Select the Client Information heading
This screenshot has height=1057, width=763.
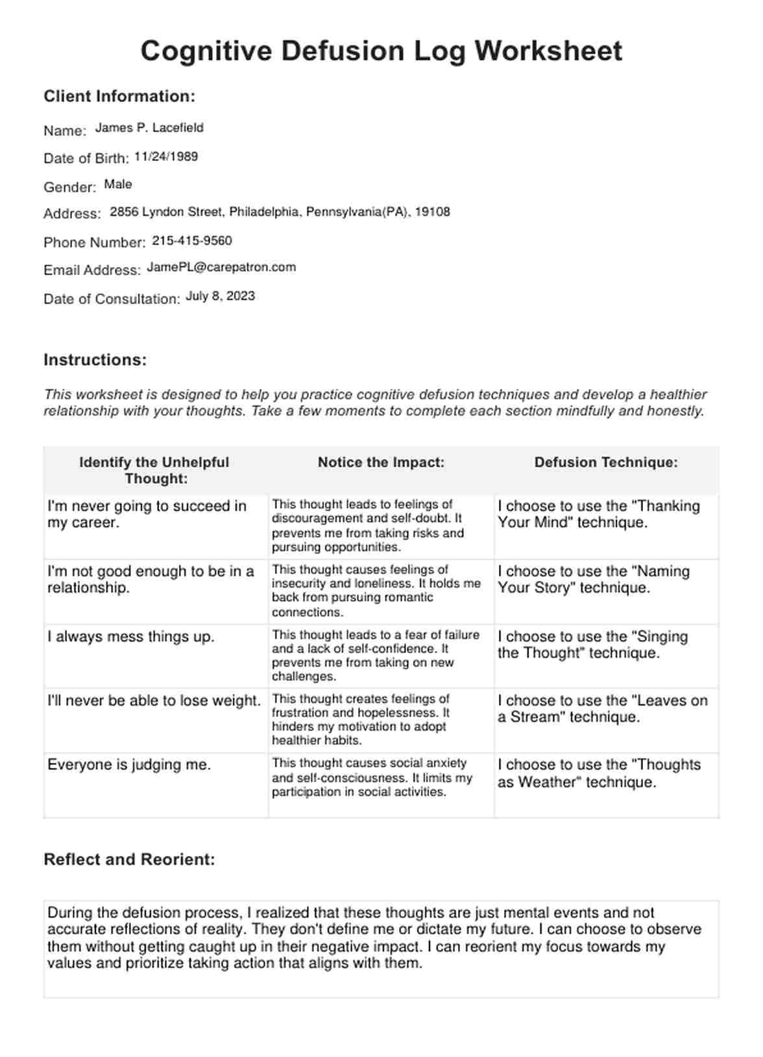click(119, 97)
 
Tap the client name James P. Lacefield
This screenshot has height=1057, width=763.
click(149, 128)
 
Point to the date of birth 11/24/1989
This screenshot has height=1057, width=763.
click(166, 157)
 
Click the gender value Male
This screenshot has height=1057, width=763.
click(118, 185)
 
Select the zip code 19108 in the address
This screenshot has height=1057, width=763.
click(432, 212)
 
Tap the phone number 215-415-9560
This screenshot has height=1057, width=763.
click(192, 241)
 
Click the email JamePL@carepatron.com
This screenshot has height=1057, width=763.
click(221, 267)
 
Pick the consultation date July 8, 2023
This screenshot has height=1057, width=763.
click(221, 296)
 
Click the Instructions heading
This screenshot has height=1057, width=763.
click(95, 360)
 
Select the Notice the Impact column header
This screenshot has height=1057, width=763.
click(381, 463)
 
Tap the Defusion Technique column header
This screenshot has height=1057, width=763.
click(606, 463)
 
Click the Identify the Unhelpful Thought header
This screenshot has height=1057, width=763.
click(154, 471)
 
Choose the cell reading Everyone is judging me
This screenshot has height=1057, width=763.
click(129, 765)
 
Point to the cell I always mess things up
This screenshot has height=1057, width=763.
click(130, 637)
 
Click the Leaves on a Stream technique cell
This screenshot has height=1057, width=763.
click(602, 709)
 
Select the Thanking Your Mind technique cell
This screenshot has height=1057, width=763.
click(598, 514)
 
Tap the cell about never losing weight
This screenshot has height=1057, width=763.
click(154, 701)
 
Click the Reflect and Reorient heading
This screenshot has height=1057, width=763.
click(129, 860)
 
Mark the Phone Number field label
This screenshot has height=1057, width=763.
click(95, 243)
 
